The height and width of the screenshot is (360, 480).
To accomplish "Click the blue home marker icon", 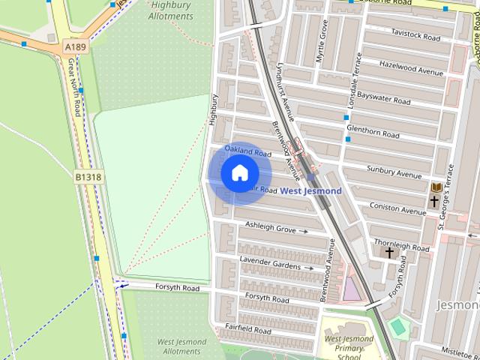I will (238, 173).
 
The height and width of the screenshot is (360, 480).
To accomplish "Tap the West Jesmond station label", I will (310, 191).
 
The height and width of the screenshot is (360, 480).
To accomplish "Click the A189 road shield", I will (75, 46).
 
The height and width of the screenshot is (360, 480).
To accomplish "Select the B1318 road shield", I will (88, 177).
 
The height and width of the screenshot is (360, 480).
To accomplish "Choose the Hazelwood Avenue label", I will (411, 67).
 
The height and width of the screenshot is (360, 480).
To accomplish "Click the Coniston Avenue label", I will (397, 211).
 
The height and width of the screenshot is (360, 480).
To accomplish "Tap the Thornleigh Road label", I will (401, 246).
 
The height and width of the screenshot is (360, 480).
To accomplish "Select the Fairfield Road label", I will (248, 329).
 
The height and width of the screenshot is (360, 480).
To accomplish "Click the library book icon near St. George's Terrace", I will (436, 187).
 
